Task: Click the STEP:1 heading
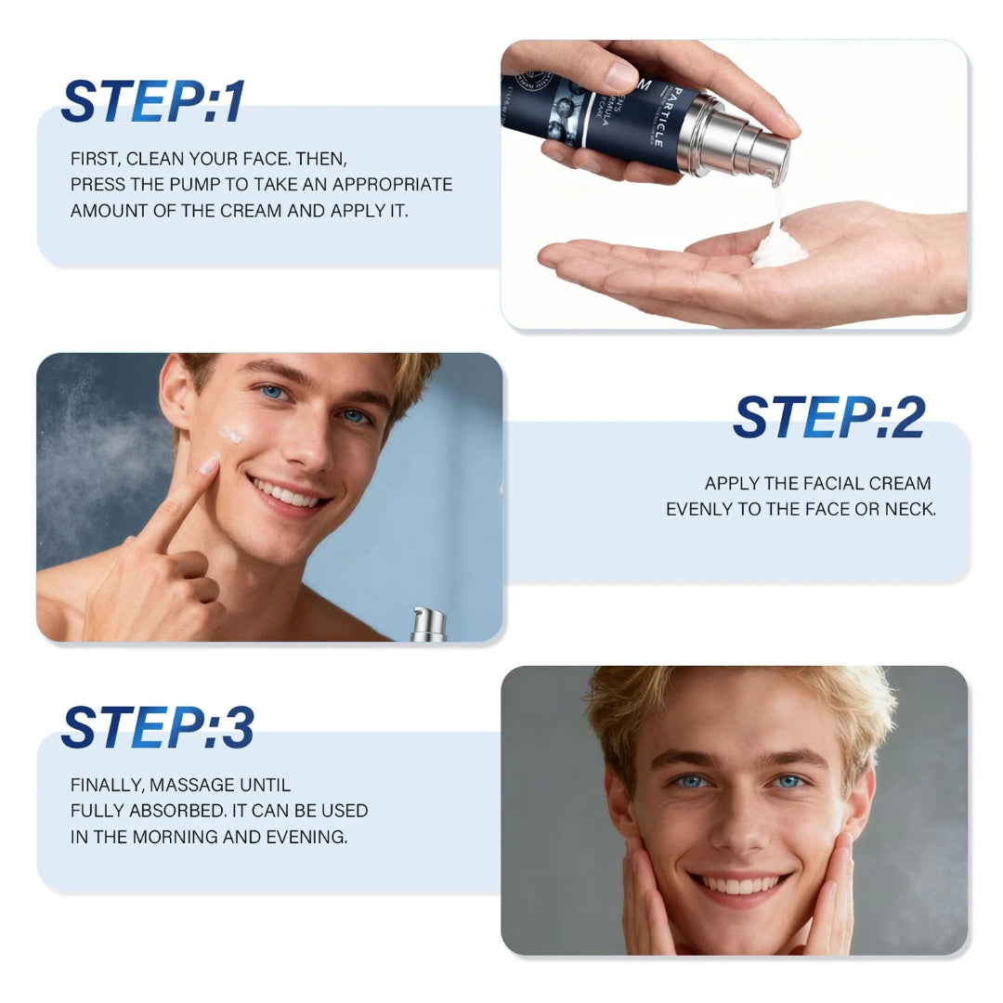153,101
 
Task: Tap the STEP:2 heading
829,417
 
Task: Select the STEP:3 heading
158,727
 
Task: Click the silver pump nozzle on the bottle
743,149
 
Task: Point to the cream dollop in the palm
778,249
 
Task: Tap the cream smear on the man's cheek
231,433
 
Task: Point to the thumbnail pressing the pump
621,75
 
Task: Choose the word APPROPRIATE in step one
394,184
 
